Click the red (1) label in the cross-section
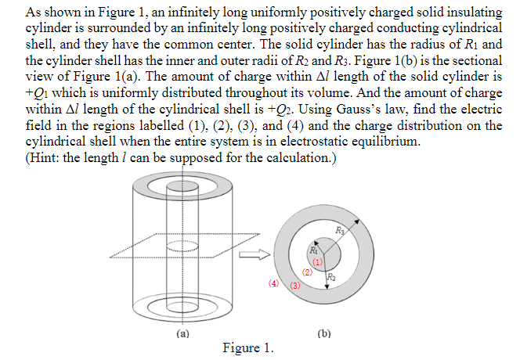(318, 261)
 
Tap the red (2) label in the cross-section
(308, 273)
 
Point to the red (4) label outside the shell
(273, 283)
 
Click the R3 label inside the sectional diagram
(339, 229)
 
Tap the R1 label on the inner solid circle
(313, 250)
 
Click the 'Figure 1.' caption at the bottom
(248, 348)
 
